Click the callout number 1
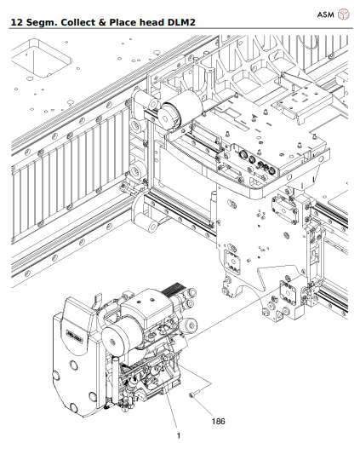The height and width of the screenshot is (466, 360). (x=178, y=435)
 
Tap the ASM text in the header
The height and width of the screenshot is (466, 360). (x=325, y=14)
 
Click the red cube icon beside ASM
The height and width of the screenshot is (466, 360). (x=344, y=14)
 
